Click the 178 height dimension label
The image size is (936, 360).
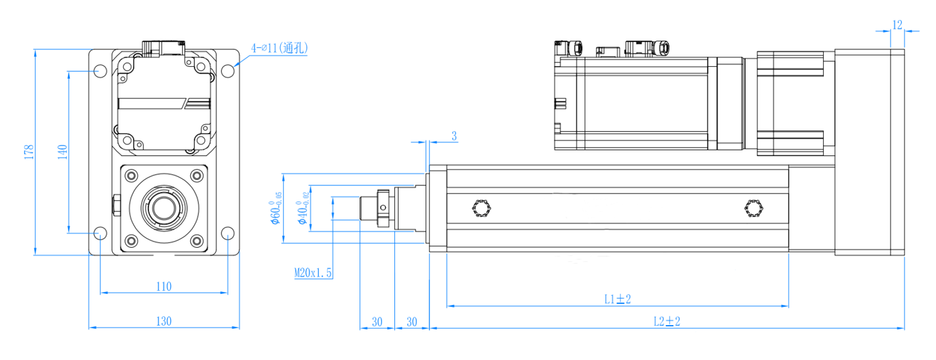point(29,152)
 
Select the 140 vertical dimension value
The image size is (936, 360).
point(62,152)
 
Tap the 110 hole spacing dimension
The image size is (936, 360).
point(163,286)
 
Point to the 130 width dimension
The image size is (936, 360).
point(163,321)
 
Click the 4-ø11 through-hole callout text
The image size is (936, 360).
point(279,48)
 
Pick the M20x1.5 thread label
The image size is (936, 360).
point(313,273)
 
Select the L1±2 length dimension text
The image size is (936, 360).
point(618,299)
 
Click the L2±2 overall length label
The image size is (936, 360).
point(667,321)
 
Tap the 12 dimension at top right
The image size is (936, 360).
point(897,25)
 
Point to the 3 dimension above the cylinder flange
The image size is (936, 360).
point(454,136)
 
